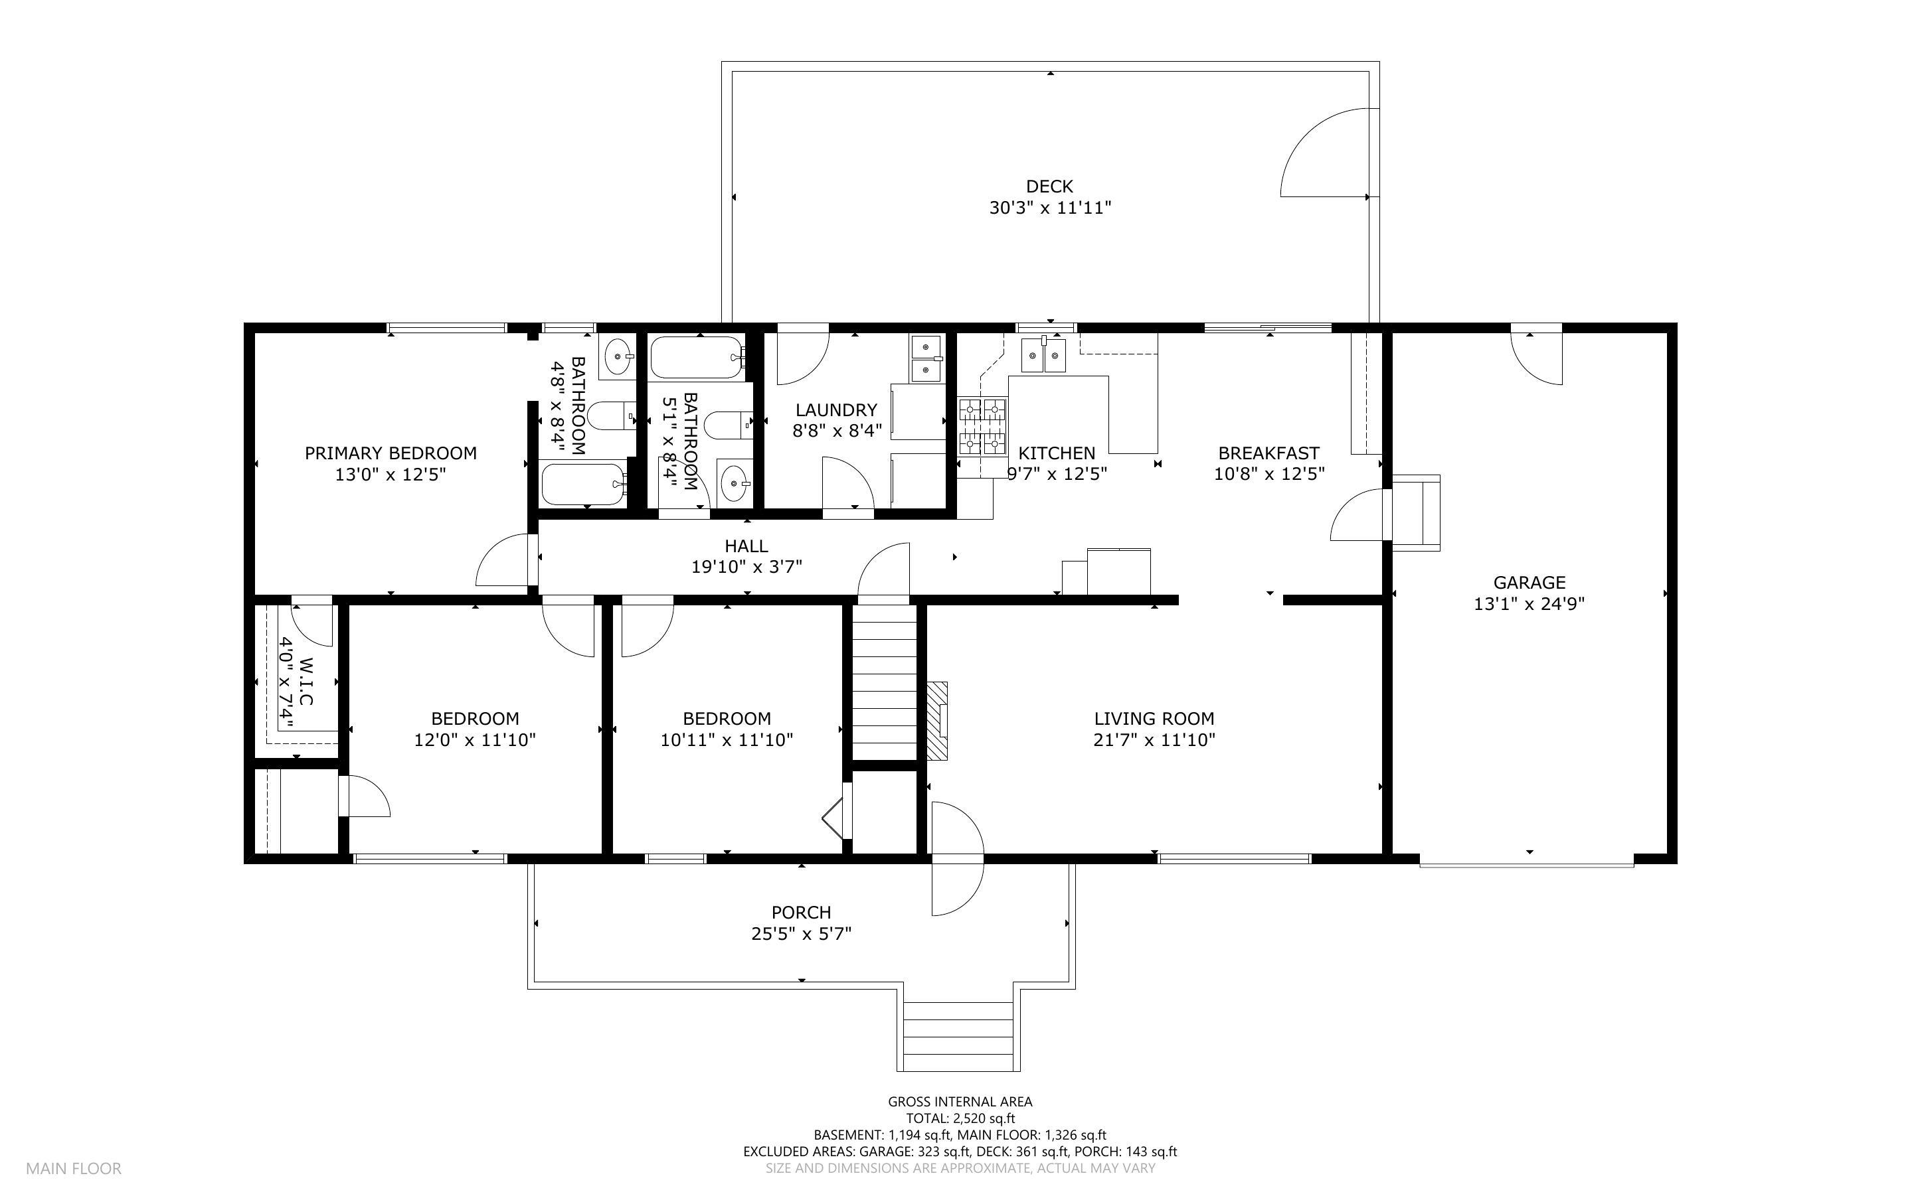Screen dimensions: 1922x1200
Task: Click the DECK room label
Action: (x=1049, y=187)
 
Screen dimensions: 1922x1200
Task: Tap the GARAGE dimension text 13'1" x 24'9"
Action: (x=1529, y=604)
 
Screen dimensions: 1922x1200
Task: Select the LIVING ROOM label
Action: (x=1154, y=719)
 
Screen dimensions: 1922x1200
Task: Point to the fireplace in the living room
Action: (x=938, y=721)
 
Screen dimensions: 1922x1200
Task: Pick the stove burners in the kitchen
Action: (x=983, y=426)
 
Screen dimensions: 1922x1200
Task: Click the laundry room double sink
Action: (x=926, y=358)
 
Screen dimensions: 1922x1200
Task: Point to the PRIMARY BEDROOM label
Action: (x=391, y=453)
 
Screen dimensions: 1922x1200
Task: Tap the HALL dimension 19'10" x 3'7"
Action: (x=746, y=567)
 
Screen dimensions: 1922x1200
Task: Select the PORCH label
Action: (x=801, y=913)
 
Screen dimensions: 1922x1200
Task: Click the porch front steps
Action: (x=959, y=1037)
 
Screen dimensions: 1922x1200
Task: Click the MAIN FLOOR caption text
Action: (x=74, y=1168)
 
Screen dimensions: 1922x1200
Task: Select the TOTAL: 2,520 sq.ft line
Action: (x=960, y=1118)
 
